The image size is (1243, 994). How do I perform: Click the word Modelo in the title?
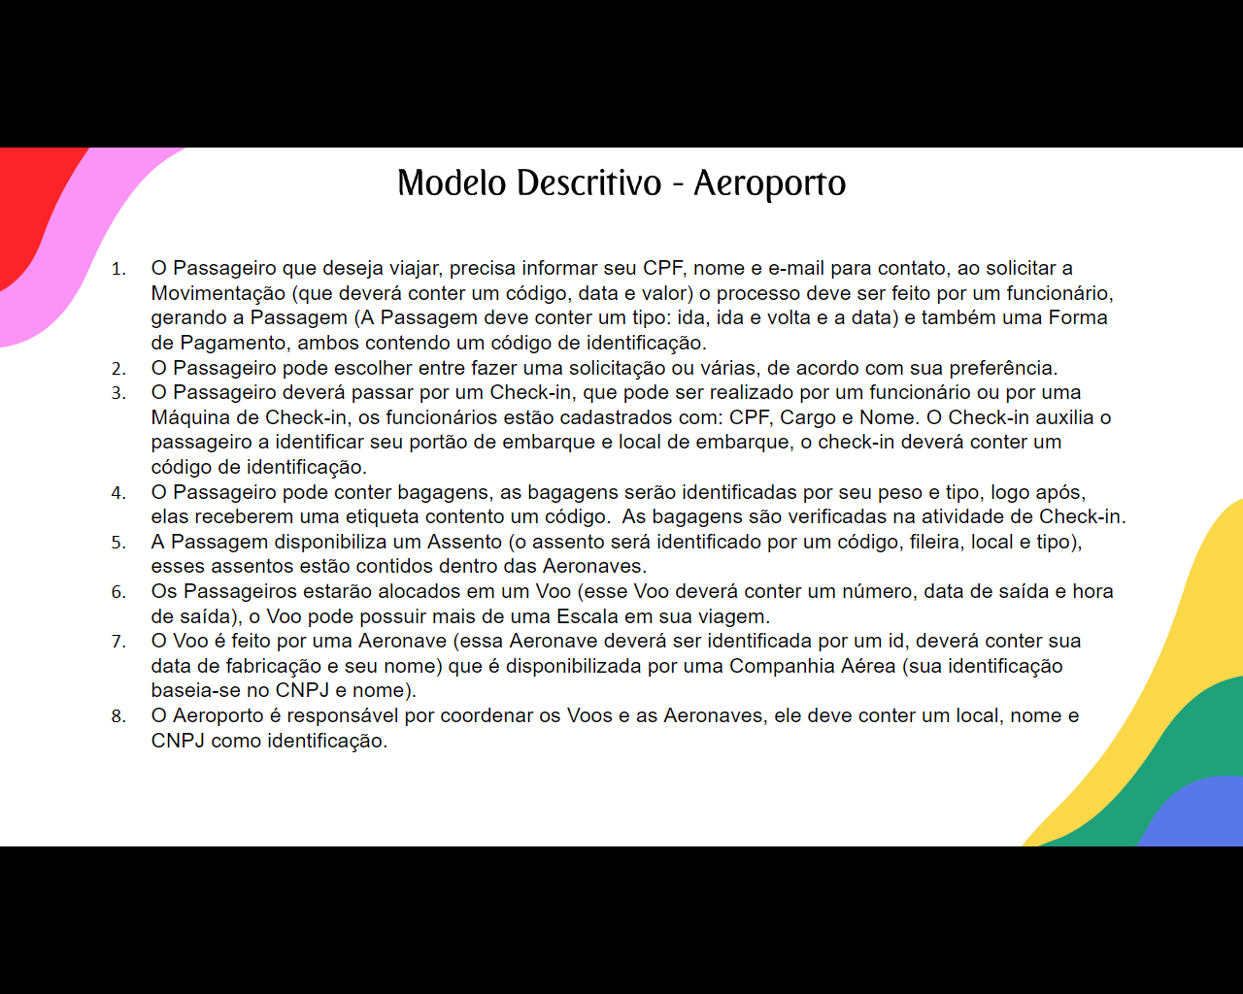point(452,182)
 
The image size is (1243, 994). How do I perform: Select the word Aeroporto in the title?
point(769,183)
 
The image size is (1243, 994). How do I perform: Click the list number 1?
point(118,269)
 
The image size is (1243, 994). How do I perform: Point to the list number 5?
point(118,543)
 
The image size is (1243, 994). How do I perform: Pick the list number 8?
point(118,716)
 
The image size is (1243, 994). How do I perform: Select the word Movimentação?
point(218,293)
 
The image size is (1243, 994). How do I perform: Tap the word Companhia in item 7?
point(783,666)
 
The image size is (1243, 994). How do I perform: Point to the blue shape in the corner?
point(1199,815)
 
